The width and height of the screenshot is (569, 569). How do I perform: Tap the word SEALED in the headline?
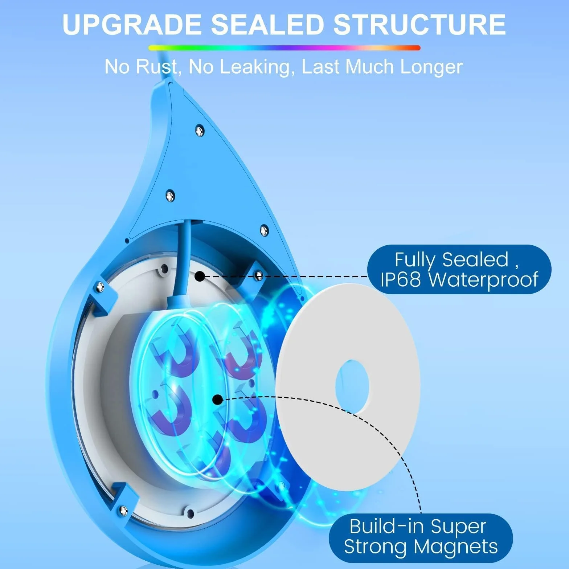267,24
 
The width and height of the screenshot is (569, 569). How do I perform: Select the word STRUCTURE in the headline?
419,24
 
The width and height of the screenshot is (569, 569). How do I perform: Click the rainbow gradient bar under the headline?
284,48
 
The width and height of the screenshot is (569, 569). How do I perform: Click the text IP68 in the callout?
401,279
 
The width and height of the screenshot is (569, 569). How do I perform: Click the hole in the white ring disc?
352,386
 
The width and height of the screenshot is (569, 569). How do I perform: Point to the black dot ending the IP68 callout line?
200,277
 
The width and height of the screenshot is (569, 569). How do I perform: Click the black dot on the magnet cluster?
217,400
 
